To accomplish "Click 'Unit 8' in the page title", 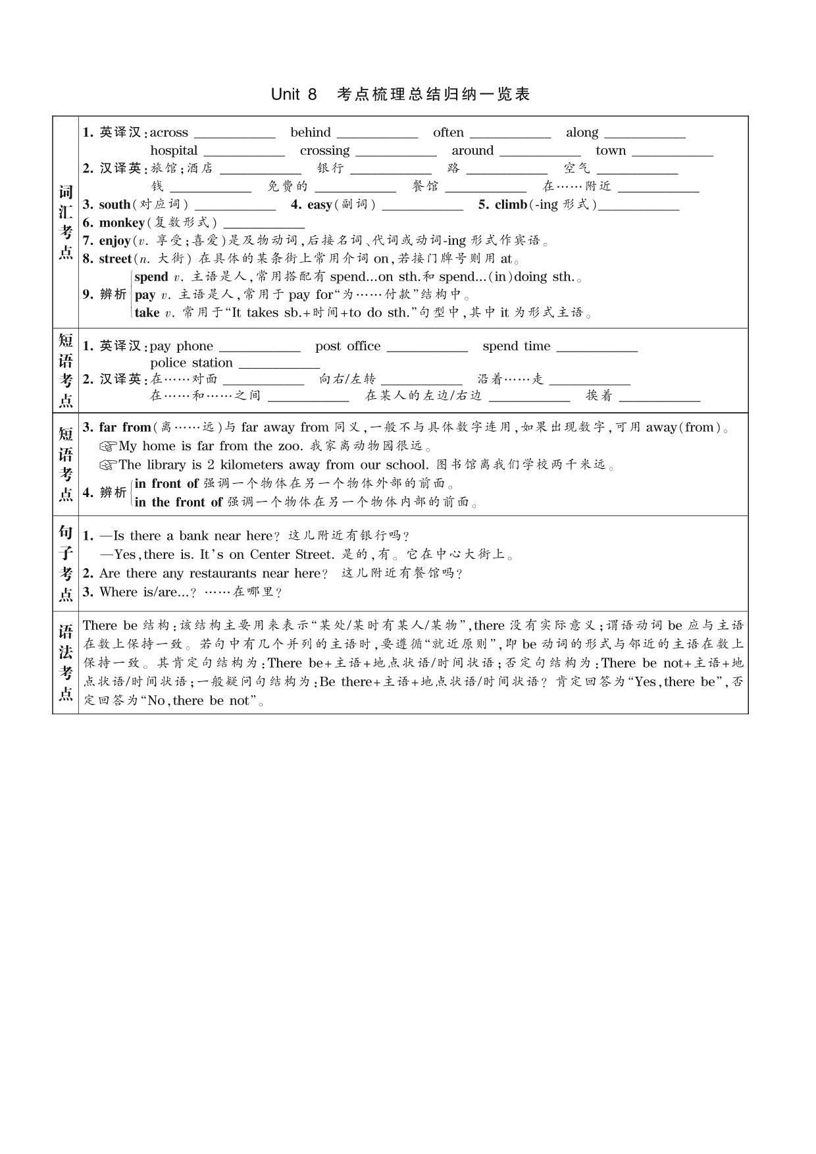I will [293, 94].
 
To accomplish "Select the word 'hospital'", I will [174, 151].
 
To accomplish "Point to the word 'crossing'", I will [324, 151].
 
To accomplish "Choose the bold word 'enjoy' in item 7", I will [115, 240].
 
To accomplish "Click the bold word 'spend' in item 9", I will [151, 276].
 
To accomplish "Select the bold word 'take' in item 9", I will [147, 313].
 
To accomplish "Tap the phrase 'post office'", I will [347, 346].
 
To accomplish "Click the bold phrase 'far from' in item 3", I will [125, 427].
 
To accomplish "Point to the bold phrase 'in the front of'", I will [178, 502].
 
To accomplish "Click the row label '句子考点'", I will [65, 564].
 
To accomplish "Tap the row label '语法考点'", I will [65, 662].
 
